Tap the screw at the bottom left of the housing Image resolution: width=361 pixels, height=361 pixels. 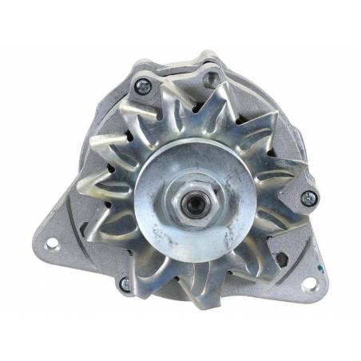[x=125, y=282]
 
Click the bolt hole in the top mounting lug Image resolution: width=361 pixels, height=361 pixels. [x=211, y=77]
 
